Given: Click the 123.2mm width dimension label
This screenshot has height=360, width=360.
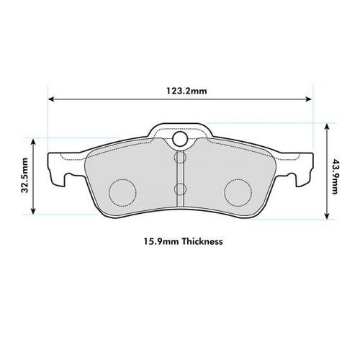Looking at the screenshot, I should click(x=181, y=91).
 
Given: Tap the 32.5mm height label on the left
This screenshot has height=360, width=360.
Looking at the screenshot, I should click(x=25, y=176).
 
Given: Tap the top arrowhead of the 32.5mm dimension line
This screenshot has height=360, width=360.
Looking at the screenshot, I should click(x=33, y=141).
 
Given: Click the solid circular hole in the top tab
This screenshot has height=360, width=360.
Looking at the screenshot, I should click(x=181, y=139).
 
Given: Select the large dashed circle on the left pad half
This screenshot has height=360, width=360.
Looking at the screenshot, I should click(x=122, y=190).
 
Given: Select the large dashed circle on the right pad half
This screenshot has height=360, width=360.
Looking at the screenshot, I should click(x=239, y=190).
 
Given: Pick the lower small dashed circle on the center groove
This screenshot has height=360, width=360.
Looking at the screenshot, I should click(x=181, y=189).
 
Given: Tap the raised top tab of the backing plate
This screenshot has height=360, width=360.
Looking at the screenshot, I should click(x=181, y=132).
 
